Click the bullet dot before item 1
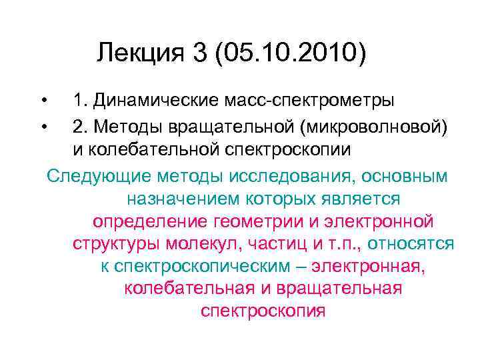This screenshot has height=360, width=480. (43, 101)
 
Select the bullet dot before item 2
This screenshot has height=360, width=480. (43, 125)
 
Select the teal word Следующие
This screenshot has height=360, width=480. (98, 175)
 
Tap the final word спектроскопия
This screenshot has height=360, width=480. (263, 311)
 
